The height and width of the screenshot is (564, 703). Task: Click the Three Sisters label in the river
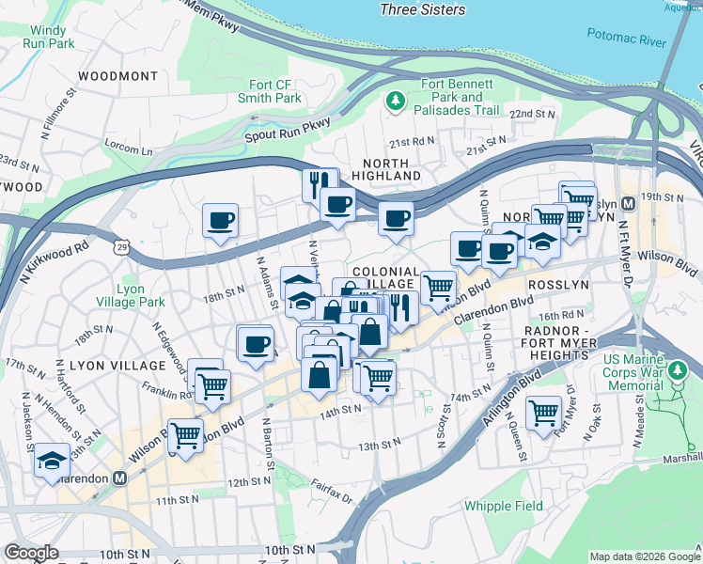point(422,9)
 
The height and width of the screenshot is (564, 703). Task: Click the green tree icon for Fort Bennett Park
point(396,99)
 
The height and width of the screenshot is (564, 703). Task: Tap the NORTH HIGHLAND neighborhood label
point(386,167)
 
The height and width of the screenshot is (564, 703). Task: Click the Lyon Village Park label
point(130,295)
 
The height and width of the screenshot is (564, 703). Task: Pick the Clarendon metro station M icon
point(119,477)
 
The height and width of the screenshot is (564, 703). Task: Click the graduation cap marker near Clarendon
point(51,461)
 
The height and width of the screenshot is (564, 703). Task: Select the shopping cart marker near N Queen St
point(543,412)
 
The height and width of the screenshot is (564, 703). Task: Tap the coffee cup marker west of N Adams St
point(221,222)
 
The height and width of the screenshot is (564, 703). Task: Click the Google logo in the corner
point(31,553)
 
